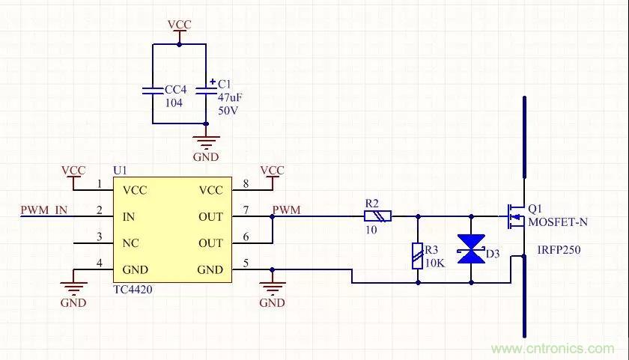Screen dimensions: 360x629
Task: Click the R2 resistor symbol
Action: coord(377,216)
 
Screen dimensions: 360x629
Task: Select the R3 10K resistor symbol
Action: coord(417,255)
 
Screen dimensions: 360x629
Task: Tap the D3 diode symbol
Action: coord(471,249)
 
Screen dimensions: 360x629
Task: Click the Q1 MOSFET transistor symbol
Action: coord(516,216)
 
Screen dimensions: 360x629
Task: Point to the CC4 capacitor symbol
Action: coord(153,91)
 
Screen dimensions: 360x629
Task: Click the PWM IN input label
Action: coord(44,210)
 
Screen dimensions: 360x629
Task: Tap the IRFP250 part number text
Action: coord(558,250)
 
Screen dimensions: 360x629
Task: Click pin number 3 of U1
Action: coord(99,238)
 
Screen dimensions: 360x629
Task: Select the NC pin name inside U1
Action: coord(131,243)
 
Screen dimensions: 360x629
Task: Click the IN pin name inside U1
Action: coord(129,217)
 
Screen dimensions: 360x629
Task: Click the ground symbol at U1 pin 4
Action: coord(73,285)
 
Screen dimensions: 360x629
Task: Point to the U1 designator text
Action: coord(121,171)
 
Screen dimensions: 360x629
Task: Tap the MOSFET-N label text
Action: coord(557,222)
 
